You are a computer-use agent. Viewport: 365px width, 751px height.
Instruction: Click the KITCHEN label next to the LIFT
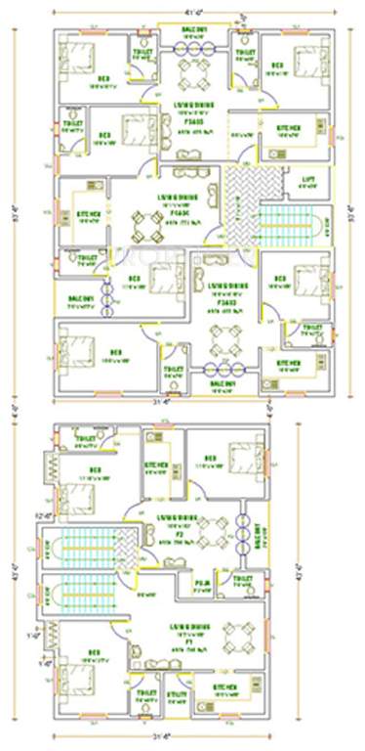point(285,129)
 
